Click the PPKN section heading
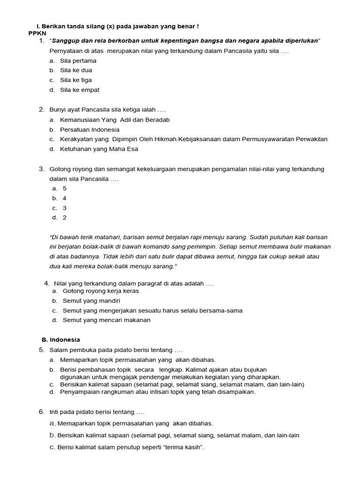(x=36, y=34)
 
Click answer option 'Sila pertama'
(x=78, y=60)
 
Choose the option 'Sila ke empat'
(x=79, y=90)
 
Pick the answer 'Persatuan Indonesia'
(x=90, y=129)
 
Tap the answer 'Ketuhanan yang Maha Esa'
(x=99, y=149)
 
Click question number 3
(x=41, y=169)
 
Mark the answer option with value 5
(x=65, y=188)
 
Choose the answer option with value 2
(x=65, y=217)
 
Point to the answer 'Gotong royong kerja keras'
(x=101, y=291)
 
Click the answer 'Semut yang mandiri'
(x=91, y=300)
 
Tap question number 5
(x=41, y=350)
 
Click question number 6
(x=41, y=412)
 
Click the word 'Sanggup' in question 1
(x=65, y=41)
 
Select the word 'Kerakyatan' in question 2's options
(x=77, y=139)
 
